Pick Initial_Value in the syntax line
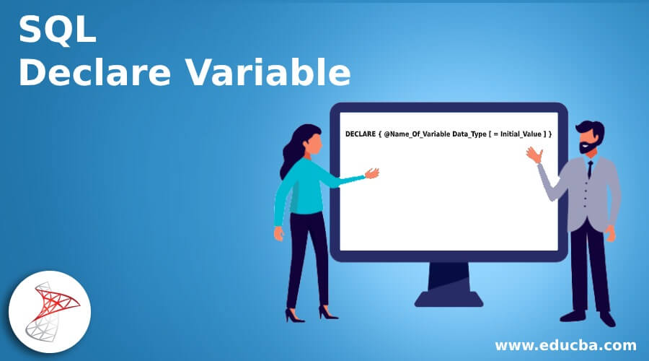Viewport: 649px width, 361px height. [x=521, y=134]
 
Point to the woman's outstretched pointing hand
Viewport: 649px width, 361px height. [x=372, y=173]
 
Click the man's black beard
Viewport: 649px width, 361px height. [x=588, y=148]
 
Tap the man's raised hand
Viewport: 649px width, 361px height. [x=533, y=154]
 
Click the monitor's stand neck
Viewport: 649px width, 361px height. [x=449, y=276]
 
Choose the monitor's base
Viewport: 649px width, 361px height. [x=449, y=297]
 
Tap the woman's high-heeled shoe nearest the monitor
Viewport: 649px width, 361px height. [x=328, y=313]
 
